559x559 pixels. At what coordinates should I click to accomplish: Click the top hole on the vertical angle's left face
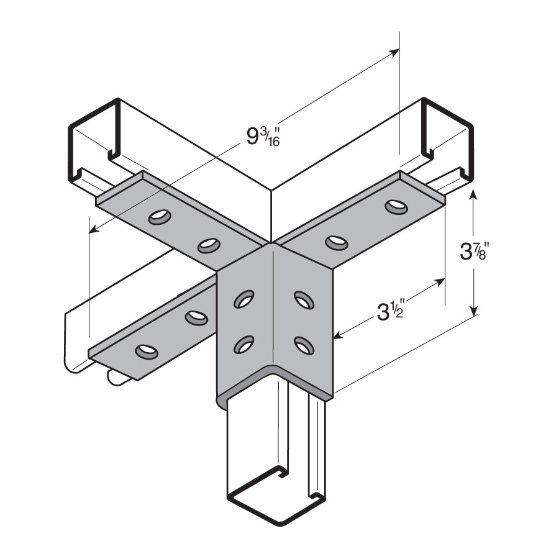[243, 299]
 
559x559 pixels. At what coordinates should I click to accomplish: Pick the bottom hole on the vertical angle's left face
[243, 345]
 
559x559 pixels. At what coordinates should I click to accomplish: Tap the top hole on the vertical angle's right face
[304, 300]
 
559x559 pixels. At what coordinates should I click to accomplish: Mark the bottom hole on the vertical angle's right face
[304, 345]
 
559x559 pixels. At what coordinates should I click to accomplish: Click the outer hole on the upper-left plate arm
[160, 217]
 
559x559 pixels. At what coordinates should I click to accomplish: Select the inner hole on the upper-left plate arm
[209, 245]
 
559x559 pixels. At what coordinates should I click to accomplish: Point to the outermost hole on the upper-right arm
[396, 206]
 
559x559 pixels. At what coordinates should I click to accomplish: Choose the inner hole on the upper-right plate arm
[336, 242]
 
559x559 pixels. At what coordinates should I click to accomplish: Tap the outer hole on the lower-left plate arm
[147, 352]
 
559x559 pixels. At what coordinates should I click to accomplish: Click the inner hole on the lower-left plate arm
[196, 318]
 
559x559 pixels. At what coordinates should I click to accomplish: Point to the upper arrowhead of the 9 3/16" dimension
[396, 51]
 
